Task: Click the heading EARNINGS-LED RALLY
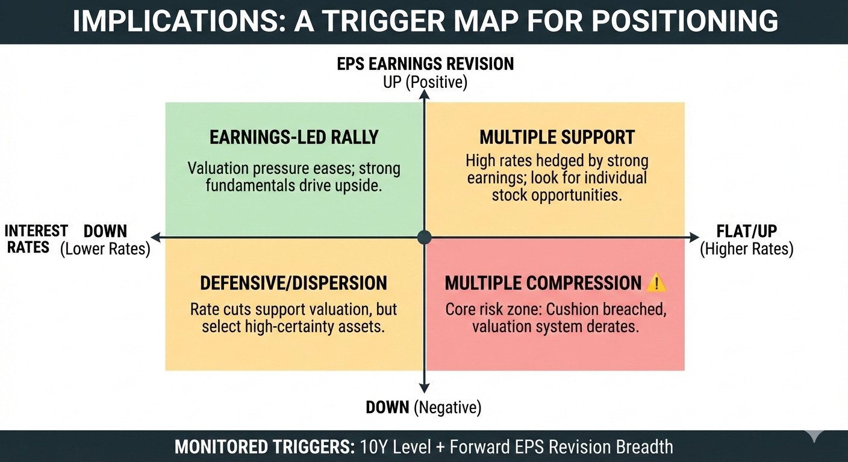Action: point(293,137)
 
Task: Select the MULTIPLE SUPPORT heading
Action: point(557,137)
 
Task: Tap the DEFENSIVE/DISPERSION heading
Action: point(293,283)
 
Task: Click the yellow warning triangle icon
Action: point(657,282)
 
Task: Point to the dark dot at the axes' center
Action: point(425,237)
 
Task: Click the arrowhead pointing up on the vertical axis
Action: point(425,94)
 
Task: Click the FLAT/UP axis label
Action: point(747,232)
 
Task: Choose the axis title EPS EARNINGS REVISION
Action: point(425,64)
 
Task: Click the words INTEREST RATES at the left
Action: point(36,239)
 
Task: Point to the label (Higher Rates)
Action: point(747,248)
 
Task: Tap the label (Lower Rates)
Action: point(105,248)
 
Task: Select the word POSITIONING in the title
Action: point(685,22)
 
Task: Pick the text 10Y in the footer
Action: point(372,446)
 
